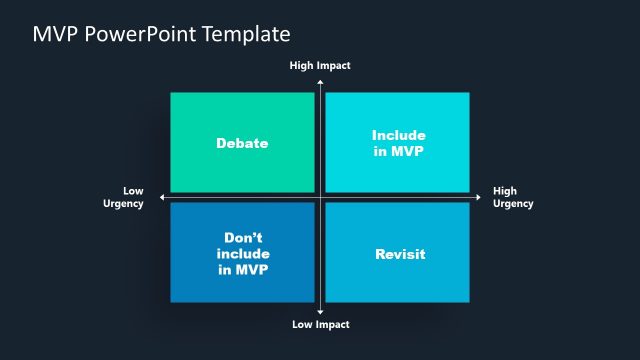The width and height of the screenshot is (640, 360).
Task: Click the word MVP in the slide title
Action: pyautogui.click(x=57, y=35)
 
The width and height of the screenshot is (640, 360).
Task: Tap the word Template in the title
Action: pyautogui.click(x=245, y=35)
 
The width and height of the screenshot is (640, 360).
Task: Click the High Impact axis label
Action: pyautogui.click(x=320, y=65)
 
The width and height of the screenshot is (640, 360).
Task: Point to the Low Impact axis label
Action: pyautogui.click(x=320, y=325)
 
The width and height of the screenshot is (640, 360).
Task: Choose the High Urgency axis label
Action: pyautogui.click(x=512, y=197)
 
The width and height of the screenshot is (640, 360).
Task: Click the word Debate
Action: pyautogui.click(x=242, y=143)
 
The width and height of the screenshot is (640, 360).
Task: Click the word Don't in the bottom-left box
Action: pyautogui.click(x=242, y=239)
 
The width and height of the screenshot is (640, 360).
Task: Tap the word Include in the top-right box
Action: pyautogui.click(x=398, y=135)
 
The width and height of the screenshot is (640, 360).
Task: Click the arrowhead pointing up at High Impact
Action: pyautogui.click(x=320, y=79)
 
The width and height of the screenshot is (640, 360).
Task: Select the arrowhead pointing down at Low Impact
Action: pyautogui.click(x=320, y=312)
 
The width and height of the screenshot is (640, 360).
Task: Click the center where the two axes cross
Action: pyautogui.click(x=320, y=197)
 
